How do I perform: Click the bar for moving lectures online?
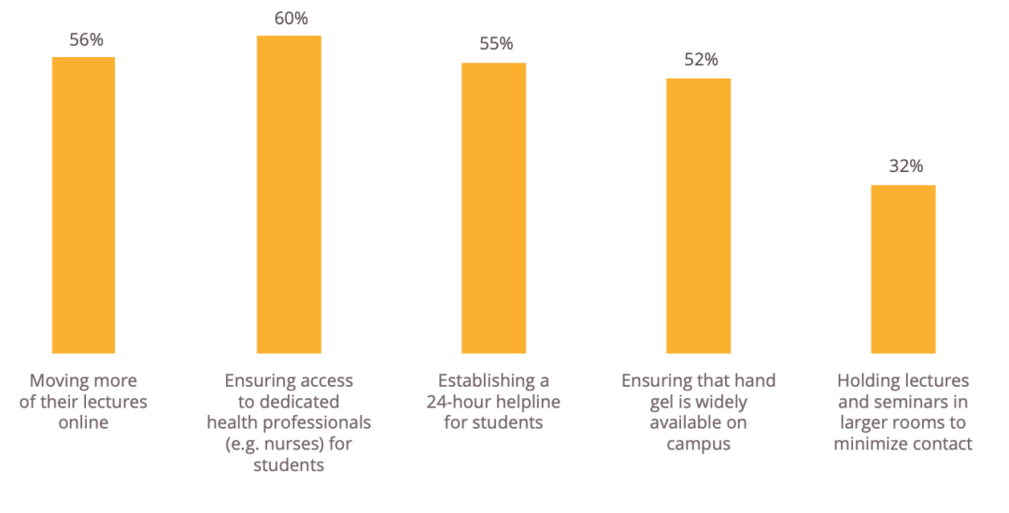(x=84, y=205)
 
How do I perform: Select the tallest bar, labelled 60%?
(x=289, y=194)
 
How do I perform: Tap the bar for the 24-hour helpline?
(x=493, y=207)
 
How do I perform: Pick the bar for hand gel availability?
(x=698, y=216)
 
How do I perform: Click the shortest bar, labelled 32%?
(x=902, y=269)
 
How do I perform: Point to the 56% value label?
(x=86, y=40)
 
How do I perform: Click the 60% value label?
(x=291, y=19)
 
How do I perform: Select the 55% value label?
(x=496, y=44)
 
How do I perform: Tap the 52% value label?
(x=701, y=60)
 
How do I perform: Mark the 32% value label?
(x=906, y=166)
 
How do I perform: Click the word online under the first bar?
(x=84, y=423)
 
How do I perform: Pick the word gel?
(x=661, y=404)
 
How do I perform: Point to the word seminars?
(x=902, y=403)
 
